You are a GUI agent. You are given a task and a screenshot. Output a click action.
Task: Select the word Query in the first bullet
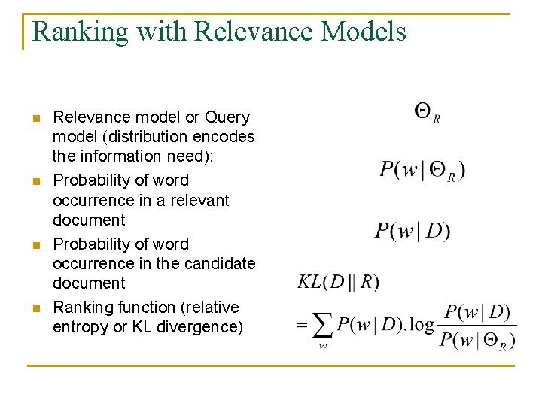click(227, 117)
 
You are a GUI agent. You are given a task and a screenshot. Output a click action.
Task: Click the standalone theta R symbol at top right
click(427, 113)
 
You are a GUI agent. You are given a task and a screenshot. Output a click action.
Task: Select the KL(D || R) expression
click(339, 282)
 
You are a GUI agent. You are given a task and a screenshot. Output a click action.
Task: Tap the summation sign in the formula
click(322, 326)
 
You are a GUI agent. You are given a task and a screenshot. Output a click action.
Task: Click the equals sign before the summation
click(303, 326)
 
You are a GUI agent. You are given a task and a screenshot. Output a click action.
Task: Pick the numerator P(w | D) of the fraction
click(477, 312)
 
